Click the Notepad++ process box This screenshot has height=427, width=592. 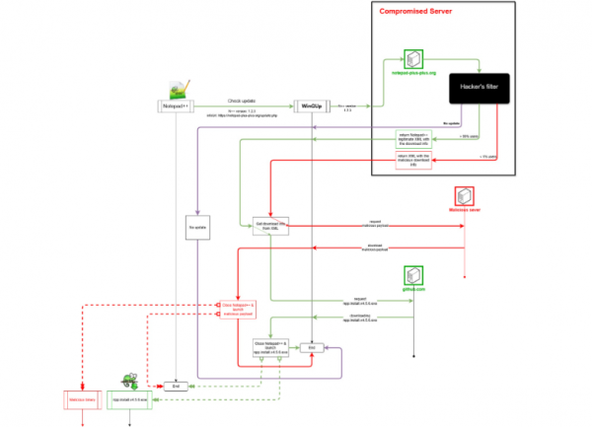(175, 105)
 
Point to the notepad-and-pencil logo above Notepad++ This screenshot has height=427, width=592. (185, 86)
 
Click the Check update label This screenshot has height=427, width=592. (243, 100)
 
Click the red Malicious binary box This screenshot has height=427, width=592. (81, 399)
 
